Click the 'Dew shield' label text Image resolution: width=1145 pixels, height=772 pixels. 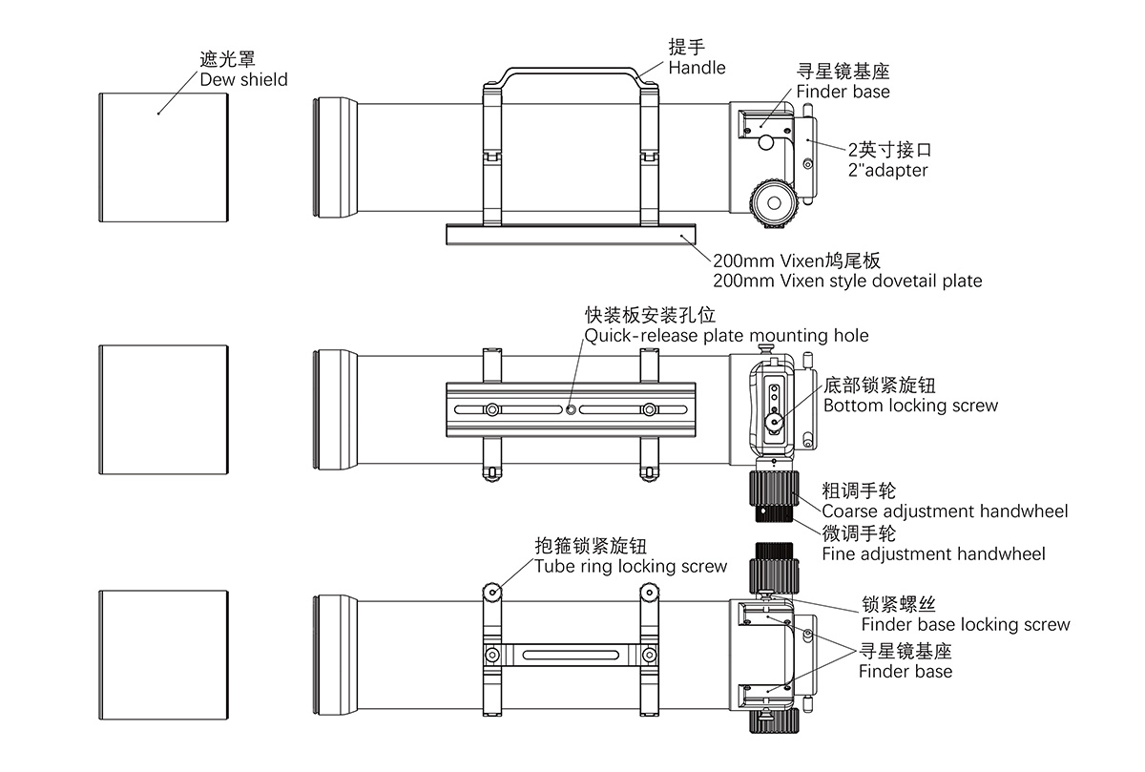click(243, 80)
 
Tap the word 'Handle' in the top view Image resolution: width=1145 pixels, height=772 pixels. click(697, 68)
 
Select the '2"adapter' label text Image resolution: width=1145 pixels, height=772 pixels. click(887, 171)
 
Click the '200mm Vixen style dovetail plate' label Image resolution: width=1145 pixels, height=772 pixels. click(847, 281)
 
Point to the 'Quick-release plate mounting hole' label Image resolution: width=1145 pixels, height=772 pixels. click(727, 335)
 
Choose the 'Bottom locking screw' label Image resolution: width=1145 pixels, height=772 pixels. click(910, 406)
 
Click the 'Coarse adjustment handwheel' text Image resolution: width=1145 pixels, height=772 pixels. click(945, 511)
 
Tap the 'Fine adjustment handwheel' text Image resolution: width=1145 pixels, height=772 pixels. click(933, 554)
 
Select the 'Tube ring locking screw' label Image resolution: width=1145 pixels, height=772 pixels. click(631, 567)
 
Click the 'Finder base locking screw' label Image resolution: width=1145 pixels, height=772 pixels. click(966, 625)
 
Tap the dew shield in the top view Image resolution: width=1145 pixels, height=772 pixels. click(165, 156)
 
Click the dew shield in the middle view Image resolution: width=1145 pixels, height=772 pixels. click(165, 409)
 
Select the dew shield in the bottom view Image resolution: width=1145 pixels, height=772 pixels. click(165, 654)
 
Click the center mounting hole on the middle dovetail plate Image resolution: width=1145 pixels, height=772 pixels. click(571, 409)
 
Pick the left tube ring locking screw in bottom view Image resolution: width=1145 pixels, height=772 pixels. click(492, 593)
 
